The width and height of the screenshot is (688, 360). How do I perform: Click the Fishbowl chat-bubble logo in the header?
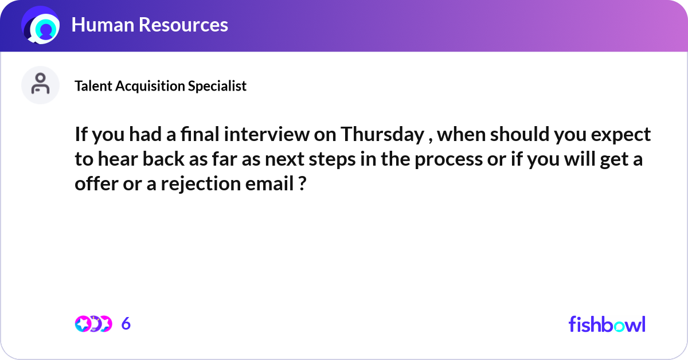point(41,25)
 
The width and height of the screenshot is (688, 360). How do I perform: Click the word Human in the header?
point(103,25)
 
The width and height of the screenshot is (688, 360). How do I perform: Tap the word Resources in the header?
point(183,25)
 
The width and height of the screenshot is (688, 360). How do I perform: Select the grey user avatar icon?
point(40,85)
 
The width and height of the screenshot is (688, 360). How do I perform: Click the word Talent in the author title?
point(93,86)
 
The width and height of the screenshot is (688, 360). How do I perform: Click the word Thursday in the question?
point(382,135)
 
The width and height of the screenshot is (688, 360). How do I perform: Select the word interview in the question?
point(267,134)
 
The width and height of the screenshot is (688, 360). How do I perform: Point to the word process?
point(448,160)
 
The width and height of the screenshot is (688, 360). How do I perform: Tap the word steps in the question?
point(332,160)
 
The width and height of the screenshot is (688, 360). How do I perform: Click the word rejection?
point(201,184)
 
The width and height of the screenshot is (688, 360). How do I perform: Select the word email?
point(269,183)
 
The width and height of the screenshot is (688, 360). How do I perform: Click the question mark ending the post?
point(302,183)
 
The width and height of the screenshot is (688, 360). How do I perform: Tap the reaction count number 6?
point(126,323)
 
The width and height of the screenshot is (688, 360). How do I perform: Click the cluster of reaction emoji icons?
point(93,324)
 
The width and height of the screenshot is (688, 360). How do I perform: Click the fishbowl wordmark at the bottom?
point(607,324)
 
